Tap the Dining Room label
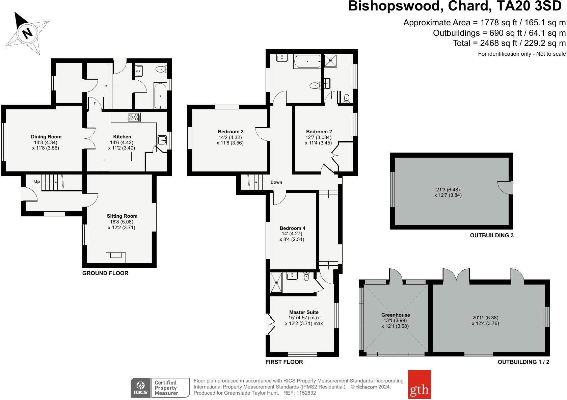click(x=46, y=137)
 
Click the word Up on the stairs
click(x=37, y=182)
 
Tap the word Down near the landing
click(x=276, y=182)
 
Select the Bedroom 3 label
click(x=231, y=132)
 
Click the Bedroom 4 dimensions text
click(x=293, y=237)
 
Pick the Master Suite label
click(x=304, y=312)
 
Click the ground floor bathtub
click(x=160, y=96)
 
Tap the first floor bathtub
click(x=307, y=62)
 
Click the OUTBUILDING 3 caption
click(x=491, y=236)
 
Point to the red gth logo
click(x=419, y=384)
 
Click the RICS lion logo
click(x=140, y=387)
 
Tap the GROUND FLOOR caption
click(x=105, y=273)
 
